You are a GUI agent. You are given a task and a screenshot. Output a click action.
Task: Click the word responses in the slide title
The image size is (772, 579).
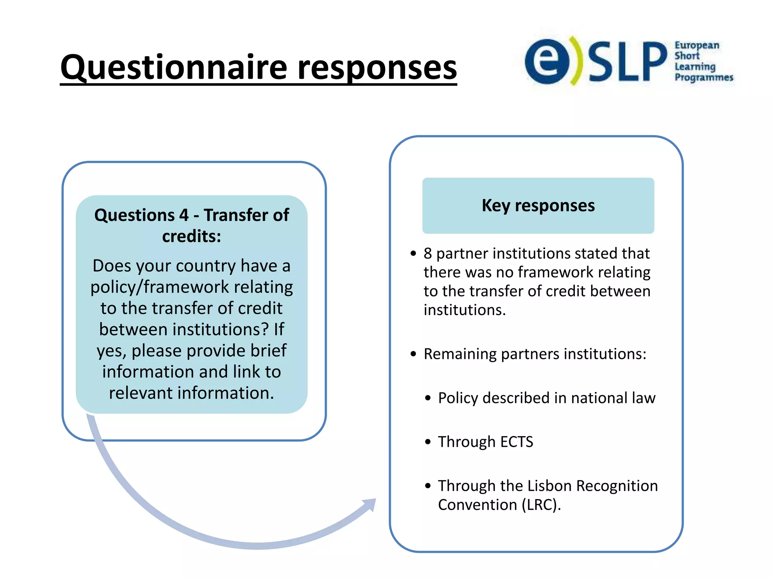(377, 68)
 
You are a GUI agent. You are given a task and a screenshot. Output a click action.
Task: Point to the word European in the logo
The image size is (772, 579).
(697, 46)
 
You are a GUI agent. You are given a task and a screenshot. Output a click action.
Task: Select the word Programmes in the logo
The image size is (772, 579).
(704, 78)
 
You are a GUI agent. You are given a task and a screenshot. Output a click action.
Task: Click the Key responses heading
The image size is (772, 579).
(538, 206)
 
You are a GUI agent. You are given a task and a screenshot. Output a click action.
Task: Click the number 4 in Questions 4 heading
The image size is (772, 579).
(184, 215)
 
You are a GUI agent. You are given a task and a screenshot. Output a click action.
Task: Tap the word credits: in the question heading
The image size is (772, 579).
(191, 237)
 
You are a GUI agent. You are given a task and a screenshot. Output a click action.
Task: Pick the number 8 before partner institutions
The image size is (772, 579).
(427, 254)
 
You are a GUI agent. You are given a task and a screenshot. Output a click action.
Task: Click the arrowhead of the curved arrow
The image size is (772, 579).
(369, 505)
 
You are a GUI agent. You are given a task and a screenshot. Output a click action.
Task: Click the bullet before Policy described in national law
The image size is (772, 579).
(427, 398)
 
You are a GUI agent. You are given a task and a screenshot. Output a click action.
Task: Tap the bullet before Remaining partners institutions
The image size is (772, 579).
(414, 354)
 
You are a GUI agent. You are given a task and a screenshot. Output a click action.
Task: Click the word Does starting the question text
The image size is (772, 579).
(112, 266)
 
